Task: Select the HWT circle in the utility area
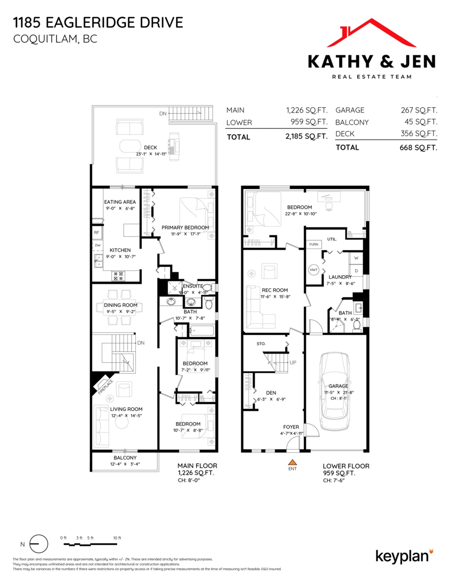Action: (x=313, y=270)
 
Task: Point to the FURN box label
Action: (x=313, y=244)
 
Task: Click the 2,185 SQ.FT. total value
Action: (x=306, y=137)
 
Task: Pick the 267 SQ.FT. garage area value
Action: (x=418, y=111)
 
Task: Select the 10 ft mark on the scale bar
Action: (x=117, y=538)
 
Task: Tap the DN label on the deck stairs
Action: (x=163, y=113)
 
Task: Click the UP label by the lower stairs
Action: (x=293, y=362)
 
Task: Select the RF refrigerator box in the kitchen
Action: (x=97, y=233)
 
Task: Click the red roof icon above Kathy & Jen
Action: (x=371, y=33)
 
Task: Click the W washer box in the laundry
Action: (x=355, y=258)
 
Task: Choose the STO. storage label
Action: (x=261, y=344)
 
